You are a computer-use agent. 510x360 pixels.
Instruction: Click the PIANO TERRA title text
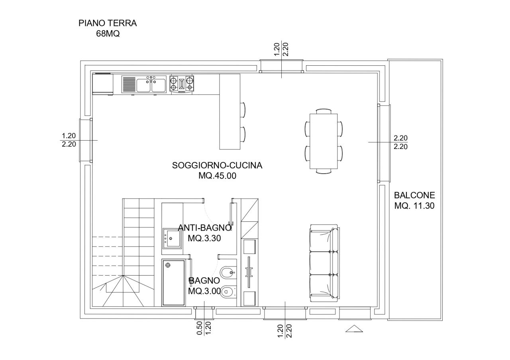click(108, 23)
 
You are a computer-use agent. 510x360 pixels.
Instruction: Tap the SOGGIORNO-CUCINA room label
click(217, 166)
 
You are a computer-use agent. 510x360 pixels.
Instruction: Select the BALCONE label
click(414, 196)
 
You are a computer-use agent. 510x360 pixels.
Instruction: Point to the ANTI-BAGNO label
click(204, 228)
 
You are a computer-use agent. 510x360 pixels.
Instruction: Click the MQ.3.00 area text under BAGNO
click(204, 291)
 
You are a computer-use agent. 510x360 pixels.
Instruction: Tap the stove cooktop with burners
click(182, 84)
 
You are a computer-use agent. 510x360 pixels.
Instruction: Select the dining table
click(324, 141)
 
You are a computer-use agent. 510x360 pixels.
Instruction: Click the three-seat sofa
click(324, 262)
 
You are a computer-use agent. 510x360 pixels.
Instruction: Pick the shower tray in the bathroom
click(174, 283)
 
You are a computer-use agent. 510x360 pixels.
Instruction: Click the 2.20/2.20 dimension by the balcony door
click(400, 142)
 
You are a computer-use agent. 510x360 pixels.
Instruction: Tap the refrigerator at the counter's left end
click(102, 84)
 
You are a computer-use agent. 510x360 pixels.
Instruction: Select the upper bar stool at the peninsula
click(243, 110)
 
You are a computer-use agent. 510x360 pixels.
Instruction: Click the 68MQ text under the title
click(108, 34)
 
